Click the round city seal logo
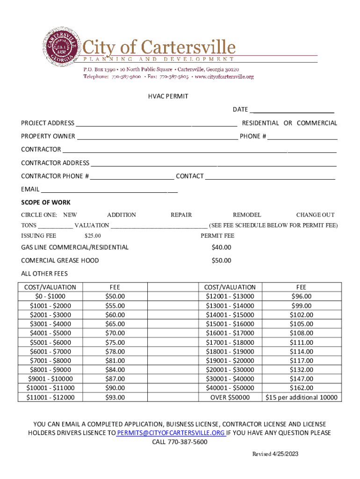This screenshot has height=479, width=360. click(x=61, y=47)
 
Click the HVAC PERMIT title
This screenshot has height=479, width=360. click(x=168, y=96)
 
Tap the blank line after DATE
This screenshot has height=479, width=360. click(x=292, y=111)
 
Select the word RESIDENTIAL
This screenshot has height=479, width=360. click(x=260, y=123)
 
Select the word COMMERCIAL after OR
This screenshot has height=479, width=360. click(x=317, y=123)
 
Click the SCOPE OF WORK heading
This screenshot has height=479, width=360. click(x=46, y=203)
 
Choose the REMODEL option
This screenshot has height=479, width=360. click(x=247, y=215)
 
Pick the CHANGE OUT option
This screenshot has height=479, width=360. click(x=315, y=215)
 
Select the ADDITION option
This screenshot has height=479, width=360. click(x=122, y=215)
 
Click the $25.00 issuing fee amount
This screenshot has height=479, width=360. click(x=93, y=236)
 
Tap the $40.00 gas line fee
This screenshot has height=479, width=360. click(x=221, y=247)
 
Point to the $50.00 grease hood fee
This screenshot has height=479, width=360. click(x=221, y=261)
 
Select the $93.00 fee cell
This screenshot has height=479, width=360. click(x=115, y=397)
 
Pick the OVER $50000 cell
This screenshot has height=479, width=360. click(x=230, y=397)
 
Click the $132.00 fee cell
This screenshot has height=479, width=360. click(x=301, y=370)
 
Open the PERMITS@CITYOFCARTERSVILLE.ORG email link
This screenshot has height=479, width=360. click(x=171, y=433)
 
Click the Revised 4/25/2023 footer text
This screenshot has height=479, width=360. click(x=275, y=454)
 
